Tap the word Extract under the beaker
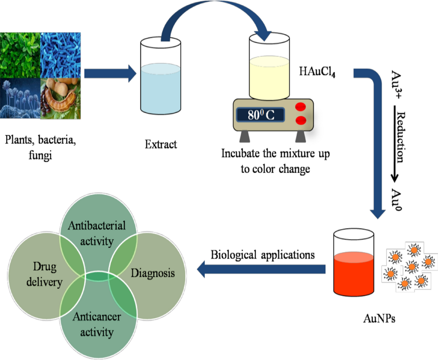point(161,144)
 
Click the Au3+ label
point(400,82)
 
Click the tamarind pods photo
point(61,98)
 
